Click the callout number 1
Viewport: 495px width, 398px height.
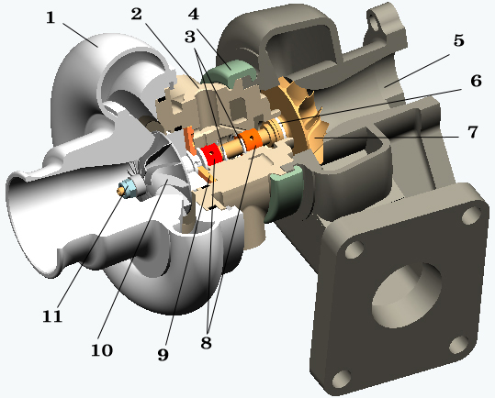[51, 17]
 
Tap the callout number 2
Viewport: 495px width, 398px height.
[136, 14]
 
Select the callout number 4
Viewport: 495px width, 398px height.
[194, 14]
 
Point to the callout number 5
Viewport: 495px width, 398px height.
[458, 40]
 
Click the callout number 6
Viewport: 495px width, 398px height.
[476, 81]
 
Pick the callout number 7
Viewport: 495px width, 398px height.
[473, 132]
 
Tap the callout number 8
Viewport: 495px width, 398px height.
[206, 343]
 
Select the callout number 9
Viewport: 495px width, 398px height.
[163, 355]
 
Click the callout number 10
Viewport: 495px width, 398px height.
[102, 350]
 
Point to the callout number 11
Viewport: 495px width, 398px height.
[52, 316]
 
